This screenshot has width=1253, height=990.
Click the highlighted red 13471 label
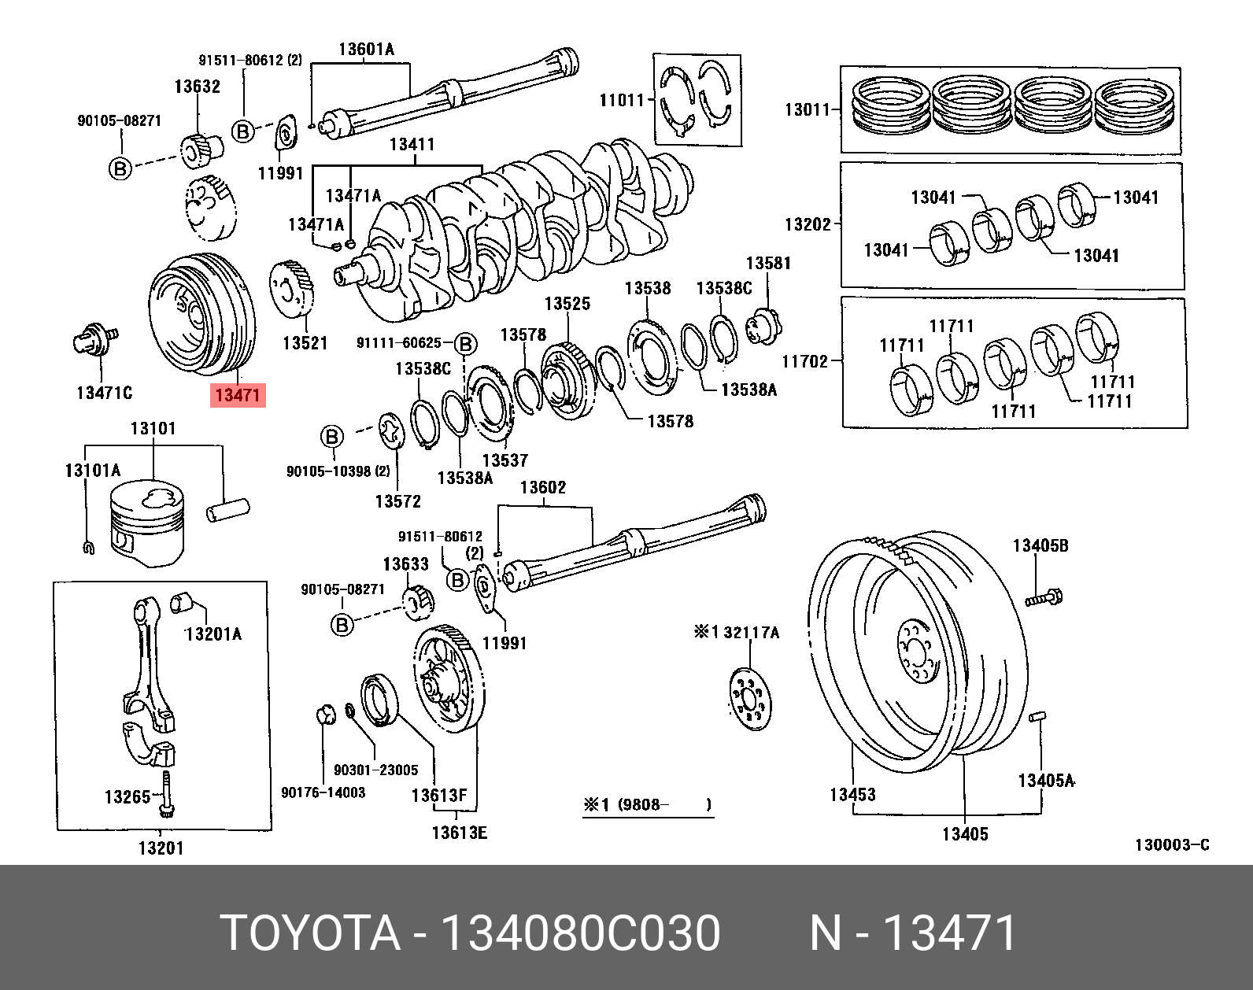coord(238,395)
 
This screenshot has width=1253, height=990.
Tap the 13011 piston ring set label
coord(807,109)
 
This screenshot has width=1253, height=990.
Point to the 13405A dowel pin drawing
coord(1036,717)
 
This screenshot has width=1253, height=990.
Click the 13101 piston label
coord(153,429)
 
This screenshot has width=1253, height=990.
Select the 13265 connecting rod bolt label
coord(127,797)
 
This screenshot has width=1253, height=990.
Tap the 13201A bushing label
coord(213,634)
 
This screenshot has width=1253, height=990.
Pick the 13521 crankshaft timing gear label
coord(305,343)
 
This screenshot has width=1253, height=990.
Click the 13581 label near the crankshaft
coord(768,263)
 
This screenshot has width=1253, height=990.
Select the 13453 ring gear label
coord(852,795)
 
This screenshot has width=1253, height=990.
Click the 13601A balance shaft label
coord(366,50)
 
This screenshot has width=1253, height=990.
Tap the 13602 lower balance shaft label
coord(542,488)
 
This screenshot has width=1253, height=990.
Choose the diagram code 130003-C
coord(1170,846)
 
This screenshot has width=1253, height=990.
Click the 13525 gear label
coord(567,304)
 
